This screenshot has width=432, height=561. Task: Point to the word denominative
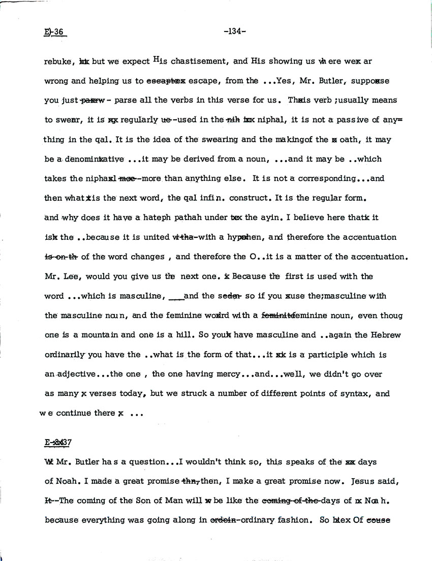(95, 159)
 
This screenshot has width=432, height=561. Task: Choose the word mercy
(225, 374)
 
